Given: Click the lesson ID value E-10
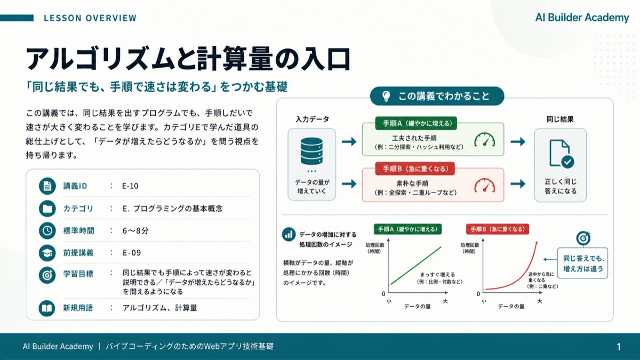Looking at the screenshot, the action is click(130, 186).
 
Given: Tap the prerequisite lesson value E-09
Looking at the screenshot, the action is click(132, 253).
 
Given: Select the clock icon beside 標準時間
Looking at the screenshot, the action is click(47, 230).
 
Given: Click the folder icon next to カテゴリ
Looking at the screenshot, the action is click(47, 209).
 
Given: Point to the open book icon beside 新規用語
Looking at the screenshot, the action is click(47, 308).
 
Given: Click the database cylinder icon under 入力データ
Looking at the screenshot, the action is click(311, 151).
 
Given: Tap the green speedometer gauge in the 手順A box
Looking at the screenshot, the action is click(485, 140).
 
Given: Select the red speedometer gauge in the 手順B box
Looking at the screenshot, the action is click(485, 186).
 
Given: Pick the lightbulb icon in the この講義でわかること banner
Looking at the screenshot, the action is click(386, 97).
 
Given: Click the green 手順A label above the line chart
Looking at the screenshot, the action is click(407, 229).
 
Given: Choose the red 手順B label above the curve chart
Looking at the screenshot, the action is click(498, 229).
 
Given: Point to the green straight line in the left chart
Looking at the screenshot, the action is click(415, 266).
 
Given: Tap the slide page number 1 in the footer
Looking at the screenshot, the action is click(619, 347).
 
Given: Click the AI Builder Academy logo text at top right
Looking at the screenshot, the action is click(582, 18).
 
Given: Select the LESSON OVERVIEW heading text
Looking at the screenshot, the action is click(90, 18).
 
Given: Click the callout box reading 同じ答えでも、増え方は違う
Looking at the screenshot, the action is click(582, 263).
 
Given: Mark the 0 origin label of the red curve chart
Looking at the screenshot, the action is click(478, 294).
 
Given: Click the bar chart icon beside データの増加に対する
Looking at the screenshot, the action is click(289, 235).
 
